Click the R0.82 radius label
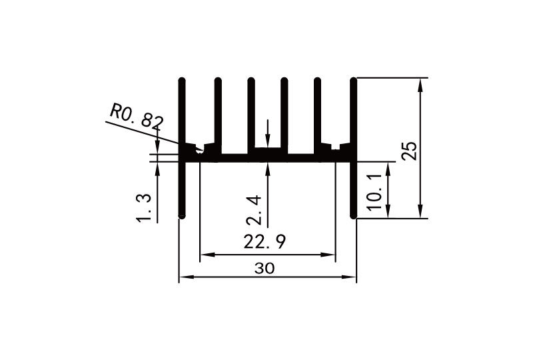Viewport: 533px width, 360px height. (x=137, y=116)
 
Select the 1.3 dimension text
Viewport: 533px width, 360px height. (x=145, y=206)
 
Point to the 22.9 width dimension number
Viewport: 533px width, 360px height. (x=265, y=242)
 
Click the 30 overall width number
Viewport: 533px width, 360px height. (x=265, y=268)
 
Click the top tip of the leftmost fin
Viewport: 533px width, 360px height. (x=182, y=81)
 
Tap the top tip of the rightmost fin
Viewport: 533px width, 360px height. (x=354, y=81)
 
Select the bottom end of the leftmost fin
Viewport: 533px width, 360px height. (x=182, y=216)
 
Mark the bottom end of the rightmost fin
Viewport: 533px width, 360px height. (x=354, y=216)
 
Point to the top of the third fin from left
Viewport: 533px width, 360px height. (x=251, y=81)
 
